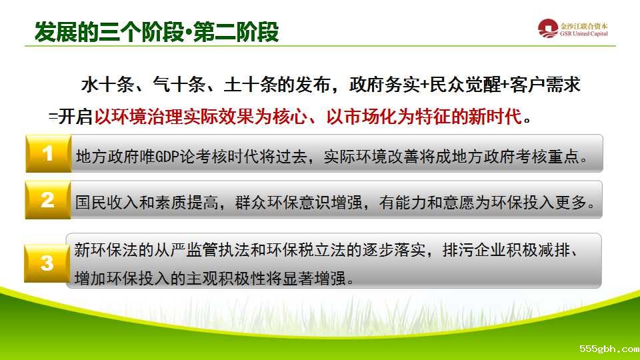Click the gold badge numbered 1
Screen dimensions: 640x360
48,154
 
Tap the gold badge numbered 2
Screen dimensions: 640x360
48,200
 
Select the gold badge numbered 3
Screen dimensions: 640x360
47,263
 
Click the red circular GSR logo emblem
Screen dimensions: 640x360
548,29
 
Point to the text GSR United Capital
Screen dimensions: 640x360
584,34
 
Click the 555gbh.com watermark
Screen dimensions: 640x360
609,349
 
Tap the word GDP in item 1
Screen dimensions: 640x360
167,156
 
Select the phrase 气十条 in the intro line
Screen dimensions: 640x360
179,85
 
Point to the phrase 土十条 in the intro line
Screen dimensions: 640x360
251,85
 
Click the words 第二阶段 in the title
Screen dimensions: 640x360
236,32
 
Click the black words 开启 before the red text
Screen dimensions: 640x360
75,117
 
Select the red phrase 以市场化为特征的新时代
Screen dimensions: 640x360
424,117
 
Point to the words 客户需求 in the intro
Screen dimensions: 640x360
545,85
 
